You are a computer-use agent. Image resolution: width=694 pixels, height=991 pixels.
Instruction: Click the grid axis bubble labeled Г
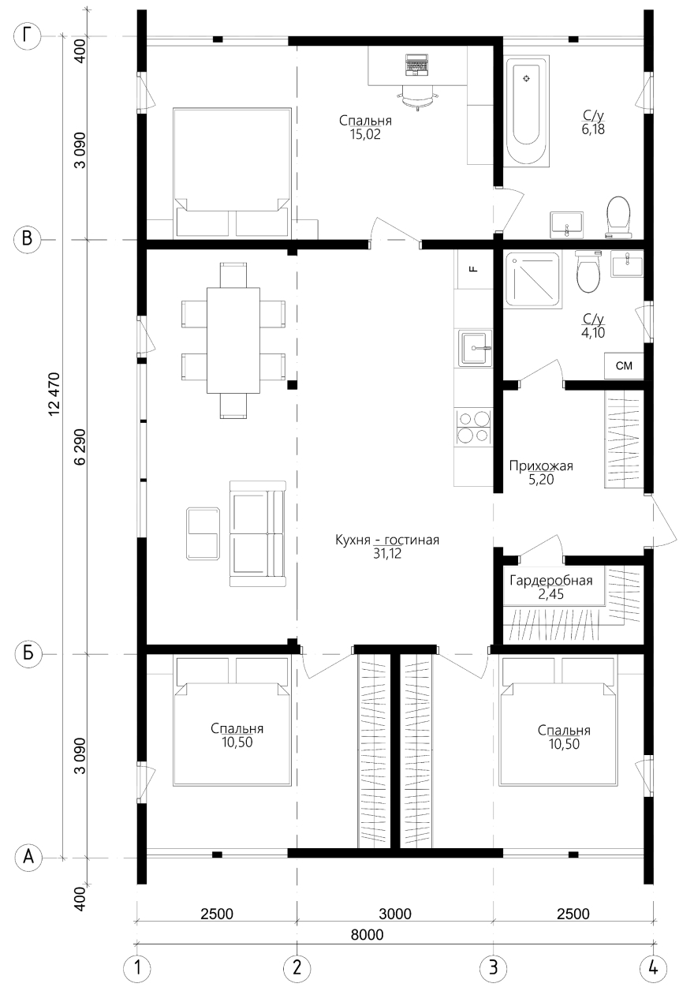pos(28,36)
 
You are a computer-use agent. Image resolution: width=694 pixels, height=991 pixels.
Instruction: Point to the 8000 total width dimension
pos(368,934)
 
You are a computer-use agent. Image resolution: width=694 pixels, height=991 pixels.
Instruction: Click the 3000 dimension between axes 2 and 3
pos(395,914)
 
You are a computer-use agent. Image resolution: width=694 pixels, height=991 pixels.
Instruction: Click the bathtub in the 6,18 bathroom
pos(526,111)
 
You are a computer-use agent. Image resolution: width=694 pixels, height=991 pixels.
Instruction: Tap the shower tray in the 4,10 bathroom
pos(534,279)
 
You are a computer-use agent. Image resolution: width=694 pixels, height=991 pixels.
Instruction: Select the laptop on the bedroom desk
pos(416,65)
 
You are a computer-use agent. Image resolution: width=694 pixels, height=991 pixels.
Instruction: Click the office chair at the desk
pos(416,97)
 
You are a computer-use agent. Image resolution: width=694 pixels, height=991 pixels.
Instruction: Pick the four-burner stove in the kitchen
pos(474,427)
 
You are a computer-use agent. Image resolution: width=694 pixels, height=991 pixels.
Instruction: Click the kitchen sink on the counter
pos(475,348)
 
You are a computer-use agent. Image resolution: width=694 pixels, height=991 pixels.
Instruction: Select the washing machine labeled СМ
pos(624,365)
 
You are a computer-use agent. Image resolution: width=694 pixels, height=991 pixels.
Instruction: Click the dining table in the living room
pos(233,340)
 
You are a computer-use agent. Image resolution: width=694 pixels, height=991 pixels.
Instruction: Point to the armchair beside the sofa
pos(203,533)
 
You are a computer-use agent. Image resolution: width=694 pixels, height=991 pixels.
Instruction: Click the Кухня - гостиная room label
pos(387,540)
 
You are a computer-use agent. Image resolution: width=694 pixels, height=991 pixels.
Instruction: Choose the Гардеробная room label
pos(550,580)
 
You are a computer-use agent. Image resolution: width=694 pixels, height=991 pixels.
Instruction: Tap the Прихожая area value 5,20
pos(541,479)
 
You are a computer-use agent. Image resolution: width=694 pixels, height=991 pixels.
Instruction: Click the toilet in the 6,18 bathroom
pos(618,216)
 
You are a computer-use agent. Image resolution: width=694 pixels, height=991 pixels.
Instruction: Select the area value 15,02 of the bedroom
pos(365,134)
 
